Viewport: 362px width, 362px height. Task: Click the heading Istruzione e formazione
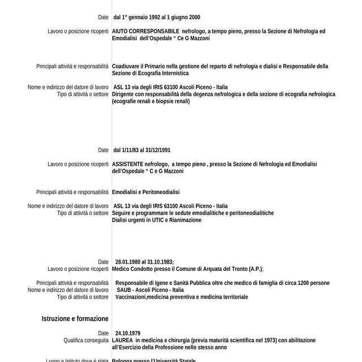click(x=75, y=319)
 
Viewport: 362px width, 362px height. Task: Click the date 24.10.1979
click(x=127, y=333)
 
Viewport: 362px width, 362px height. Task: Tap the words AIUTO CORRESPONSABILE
click(x=146, y=31)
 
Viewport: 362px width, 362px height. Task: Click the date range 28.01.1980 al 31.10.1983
click(x=144, y=262)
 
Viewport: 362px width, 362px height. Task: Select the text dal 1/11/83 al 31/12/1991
click(x=142, y=150)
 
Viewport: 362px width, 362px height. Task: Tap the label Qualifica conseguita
click(x=86, y=341)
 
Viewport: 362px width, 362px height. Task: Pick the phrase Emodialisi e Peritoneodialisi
click(x=145, y=192)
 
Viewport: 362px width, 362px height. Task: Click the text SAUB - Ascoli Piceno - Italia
click(x=150, y=290)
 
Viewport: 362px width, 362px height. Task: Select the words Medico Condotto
click(x=131, y=269)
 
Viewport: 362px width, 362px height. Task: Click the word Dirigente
click(x=124, y=94)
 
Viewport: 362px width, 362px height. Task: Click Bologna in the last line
click(x=122, y=360)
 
